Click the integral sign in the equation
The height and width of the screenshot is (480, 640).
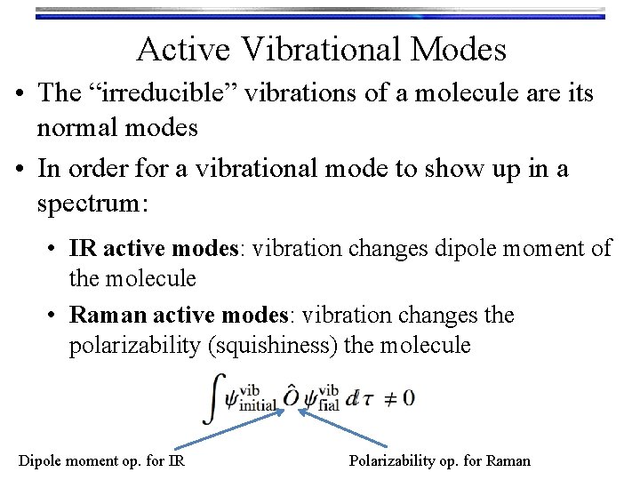pyautogui.click(x=212, y=397)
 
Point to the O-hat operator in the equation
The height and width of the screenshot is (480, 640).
pyautogui.click(x=291, y=396)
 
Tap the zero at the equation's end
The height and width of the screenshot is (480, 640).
pyautogui.click(x=408, y=397)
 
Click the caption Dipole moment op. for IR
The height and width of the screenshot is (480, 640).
pyautogui.click(x=101, y=460)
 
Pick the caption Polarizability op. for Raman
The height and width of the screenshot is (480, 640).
pyautogui.click(x=439, y=460)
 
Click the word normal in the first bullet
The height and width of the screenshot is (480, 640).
pyautogui.click(x=75, y=127)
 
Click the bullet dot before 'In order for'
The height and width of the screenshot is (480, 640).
pyautogui.click(x=20, y=170)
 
